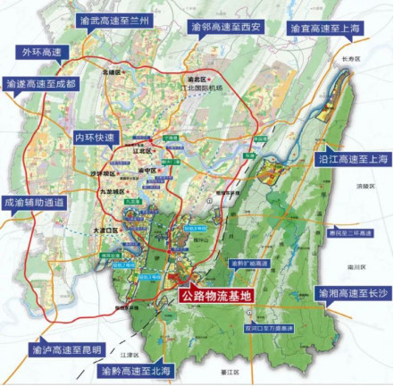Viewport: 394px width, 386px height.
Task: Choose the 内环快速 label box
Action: (x=95, y=140)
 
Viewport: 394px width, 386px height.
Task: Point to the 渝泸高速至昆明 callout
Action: (x=66, y=348)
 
